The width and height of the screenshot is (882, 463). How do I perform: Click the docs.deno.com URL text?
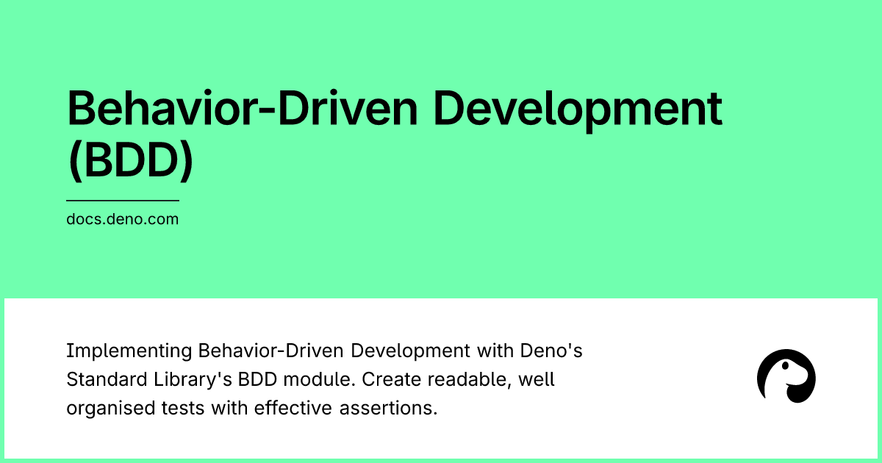122,219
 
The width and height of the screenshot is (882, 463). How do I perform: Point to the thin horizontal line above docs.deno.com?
122,200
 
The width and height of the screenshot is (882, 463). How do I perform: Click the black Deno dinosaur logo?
786,376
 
